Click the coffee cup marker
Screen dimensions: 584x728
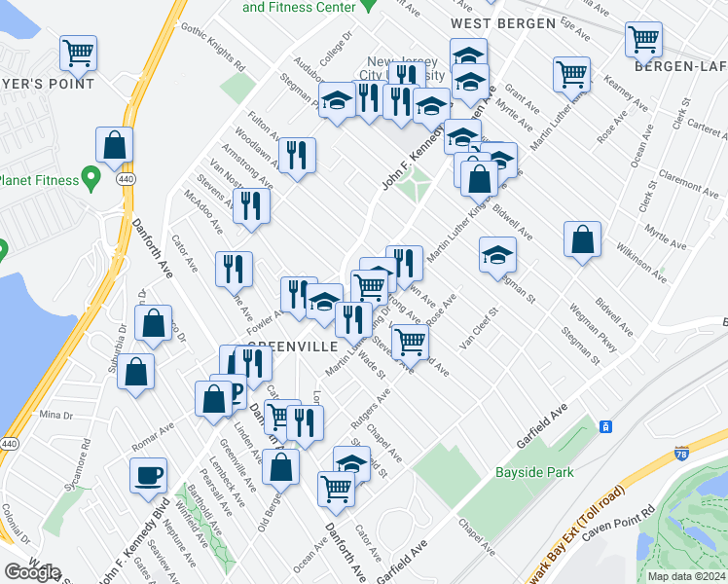tap(149, 476)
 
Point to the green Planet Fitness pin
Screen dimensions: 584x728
tap(91, 178)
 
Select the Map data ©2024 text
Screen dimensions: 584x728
tap(686, 576)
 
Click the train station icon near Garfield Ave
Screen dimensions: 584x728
tap(605, 426)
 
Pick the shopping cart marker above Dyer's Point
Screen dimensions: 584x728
tap(78, 53)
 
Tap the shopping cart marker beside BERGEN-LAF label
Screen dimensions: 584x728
tap(643, 40)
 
